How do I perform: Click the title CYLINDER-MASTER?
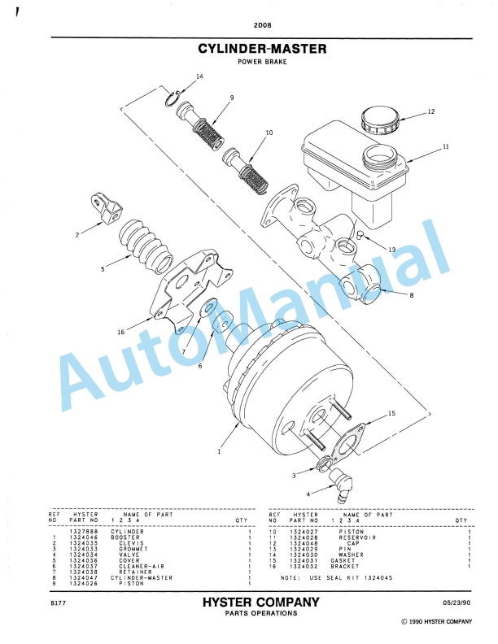[262, 49]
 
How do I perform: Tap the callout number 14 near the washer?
[199, 76]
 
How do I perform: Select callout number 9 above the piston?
[232, 98]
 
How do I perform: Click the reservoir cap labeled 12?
[380, 121]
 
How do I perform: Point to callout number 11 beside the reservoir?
[445, 147]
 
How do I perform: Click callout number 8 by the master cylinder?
[411, 295]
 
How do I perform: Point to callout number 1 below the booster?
[219, 450]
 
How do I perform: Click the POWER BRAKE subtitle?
[261, 62]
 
